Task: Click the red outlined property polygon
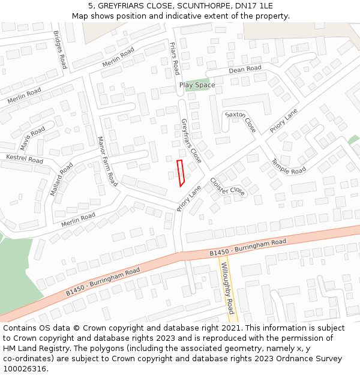181,173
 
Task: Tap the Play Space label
197,85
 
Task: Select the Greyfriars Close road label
191,140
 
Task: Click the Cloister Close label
227,187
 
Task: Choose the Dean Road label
245,70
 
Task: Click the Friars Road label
174,58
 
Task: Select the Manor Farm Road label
107,160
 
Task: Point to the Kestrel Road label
25,159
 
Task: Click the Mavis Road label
32,139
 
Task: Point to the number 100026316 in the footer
25,368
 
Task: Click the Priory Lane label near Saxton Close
283,121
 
